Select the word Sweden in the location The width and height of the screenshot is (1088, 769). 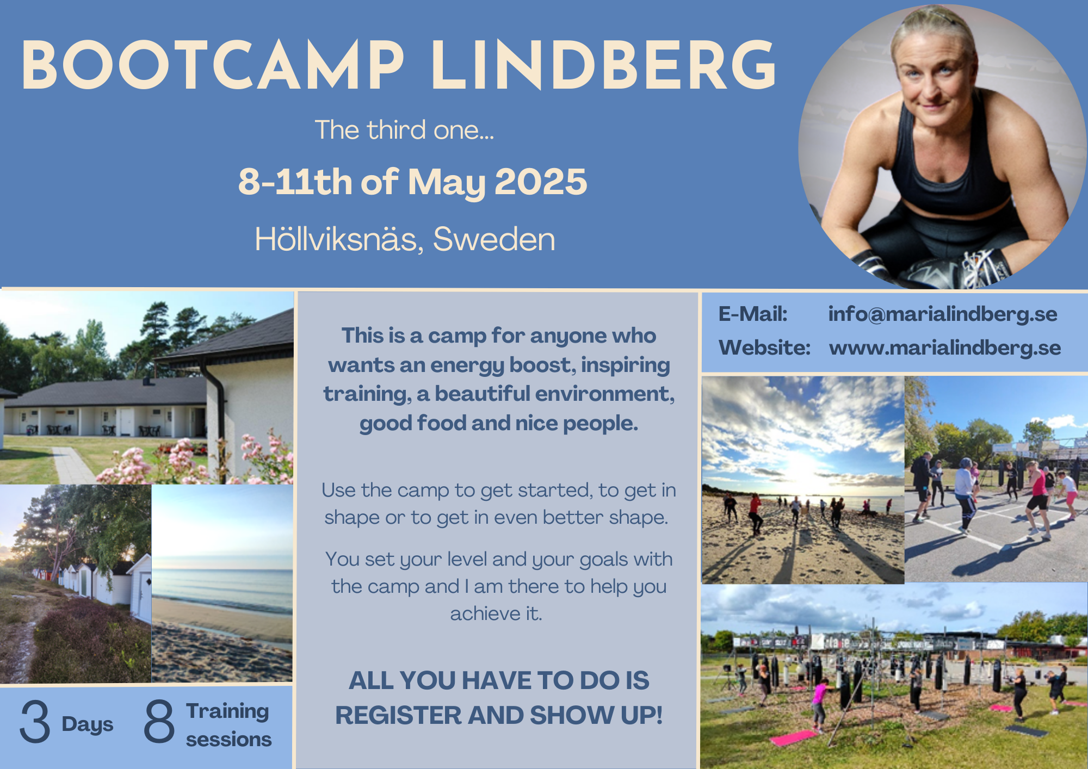(494, 239)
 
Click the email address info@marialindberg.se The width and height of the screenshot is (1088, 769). (943, 314)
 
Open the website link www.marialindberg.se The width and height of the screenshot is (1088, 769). (945, 348)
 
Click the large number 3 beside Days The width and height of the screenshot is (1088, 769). (35, 722)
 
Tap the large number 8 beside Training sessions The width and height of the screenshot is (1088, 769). (159, 722)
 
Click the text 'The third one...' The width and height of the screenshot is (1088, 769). (404, 130)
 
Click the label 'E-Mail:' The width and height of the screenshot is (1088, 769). (753, 314)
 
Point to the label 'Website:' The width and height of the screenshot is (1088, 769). (765, 348)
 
